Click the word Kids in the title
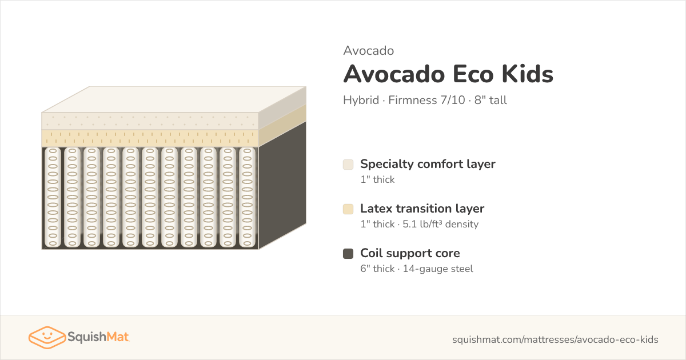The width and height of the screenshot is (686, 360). point(528,74)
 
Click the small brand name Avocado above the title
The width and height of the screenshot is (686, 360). point(368,51)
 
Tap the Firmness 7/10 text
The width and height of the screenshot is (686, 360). point(426,100)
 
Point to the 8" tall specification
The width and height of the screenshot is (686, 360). point(490,100)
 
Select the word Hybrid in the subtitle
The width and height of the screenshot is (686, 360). point(361,100)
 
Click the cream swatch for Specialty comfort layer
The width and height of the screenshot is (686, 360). point(348,165)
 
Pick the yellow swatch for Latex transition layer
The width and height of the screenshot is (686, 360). point(348,209)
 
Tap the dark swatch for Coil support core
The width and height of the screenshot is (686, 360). point(348,254)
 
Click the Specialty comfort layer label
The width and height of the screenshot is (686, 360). point(428,165)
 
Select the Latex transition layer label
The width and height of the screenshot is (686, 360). point(422,209)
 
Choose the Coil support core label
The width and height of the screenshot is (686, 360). point(410,254)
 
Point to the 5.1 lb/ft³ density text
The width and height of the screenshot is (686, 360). point(440,224)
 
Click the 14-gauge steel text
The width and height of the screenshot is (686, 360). point(438,269)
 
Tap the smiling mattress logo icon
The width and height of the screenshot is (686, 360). point(47,337)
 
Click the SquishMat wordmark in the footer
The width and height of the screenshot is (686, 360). point(98,337)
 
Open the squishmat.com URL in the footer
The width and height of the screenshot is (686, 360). point(555,339)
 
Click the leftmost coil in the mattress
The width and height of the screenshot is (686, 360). point(53,198)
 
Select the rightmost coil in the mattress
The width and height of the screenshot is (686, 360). point(247,198)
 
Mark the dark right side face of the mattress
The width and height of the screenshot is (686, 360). point(282,186)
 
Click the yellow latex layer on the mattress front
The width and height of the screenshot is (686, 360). point(150,138)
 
